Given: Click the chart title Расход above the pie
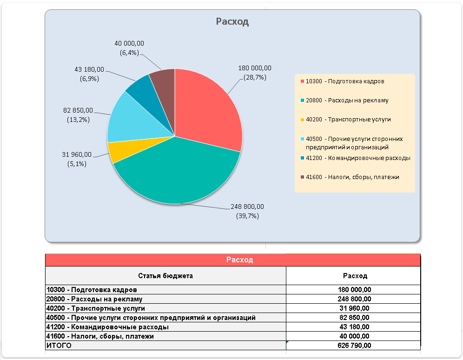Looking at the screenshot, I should click(x=232, y=21).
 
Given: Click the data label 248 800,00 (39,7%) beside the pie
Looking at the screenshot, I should click(x=247, y=211).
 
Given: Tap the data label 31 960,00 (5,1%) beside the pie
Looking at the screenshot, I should click(x=77, y=159).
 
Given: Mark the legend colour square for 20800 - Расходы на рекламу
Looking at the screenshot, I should click(x=302, y=100).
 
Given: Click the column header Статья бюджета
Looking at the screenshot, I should click(x=165, y=276).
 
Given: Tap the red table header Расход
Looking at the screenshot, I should click(x=239, y=260).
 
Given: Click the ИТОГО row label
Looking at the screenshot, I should click(x=59, y=346).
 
